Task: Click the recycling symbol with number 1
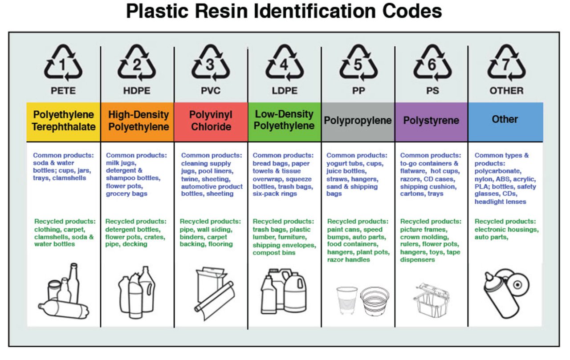pos(63,64)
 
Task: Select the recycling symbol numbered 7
pos(506,64)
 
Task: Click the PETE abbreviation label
pos(63,91)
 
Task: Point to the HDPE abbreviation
pos(137,91)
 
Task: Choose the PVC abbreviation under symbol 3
pos(211,91)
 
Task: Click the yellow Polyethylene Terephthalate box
pos(63,121)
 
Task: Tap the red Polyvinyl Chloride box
pos(211,121)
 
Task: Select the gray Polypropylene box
pos(358,121)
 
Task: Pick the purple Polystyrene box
pos(431,121)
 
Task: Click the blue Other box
pos(505,121)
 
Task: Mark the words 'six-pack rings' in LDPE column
pos(275,194)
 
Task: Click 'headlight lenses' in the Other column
pos(500,202)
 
